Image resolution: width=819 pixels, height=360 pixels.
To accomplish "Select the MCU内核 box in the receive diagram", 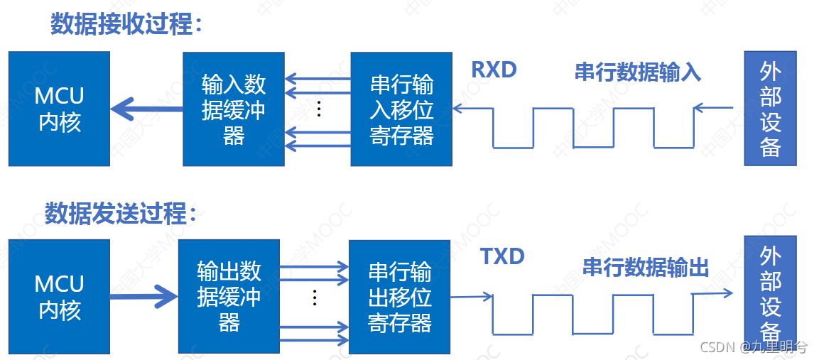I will click(60, 109).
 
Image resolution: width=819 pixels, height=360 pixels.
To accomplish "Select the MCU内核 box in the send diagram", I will click(60, 297).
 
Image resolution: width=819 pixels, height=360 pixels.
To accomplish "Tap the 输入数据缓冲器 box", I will click(234, 109).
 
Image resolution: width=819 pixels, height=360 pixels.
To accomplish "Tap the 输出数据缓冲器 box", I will click(229, 297).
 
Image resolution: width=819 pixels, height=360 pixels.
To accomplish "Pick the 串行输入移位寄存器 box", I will click(401, 109).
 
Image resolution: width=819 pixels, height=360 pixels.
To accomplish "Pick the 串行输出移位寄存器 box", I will click(399, 297).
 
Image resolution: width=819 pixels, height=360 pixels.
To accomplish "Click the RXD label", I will click(494, 70).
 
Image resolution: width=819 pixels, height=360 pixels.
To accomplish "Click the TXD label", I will click(502, 256).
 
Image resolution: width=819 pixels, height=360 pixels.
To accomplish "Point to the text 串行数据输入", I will click(638, 72).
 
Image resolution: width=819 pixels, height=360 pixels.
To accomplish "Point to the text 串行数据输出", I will click(646, 267).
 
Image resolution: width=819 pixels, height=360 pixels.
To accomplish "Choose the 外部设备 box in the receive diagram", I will click(770, 109).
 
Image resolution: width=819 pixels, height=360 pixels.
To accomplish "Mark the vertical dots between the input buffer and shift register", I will click(319, 109).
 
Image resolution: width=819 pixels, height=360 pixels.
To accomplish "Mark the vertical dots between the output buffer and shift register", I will click(314, 297).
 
